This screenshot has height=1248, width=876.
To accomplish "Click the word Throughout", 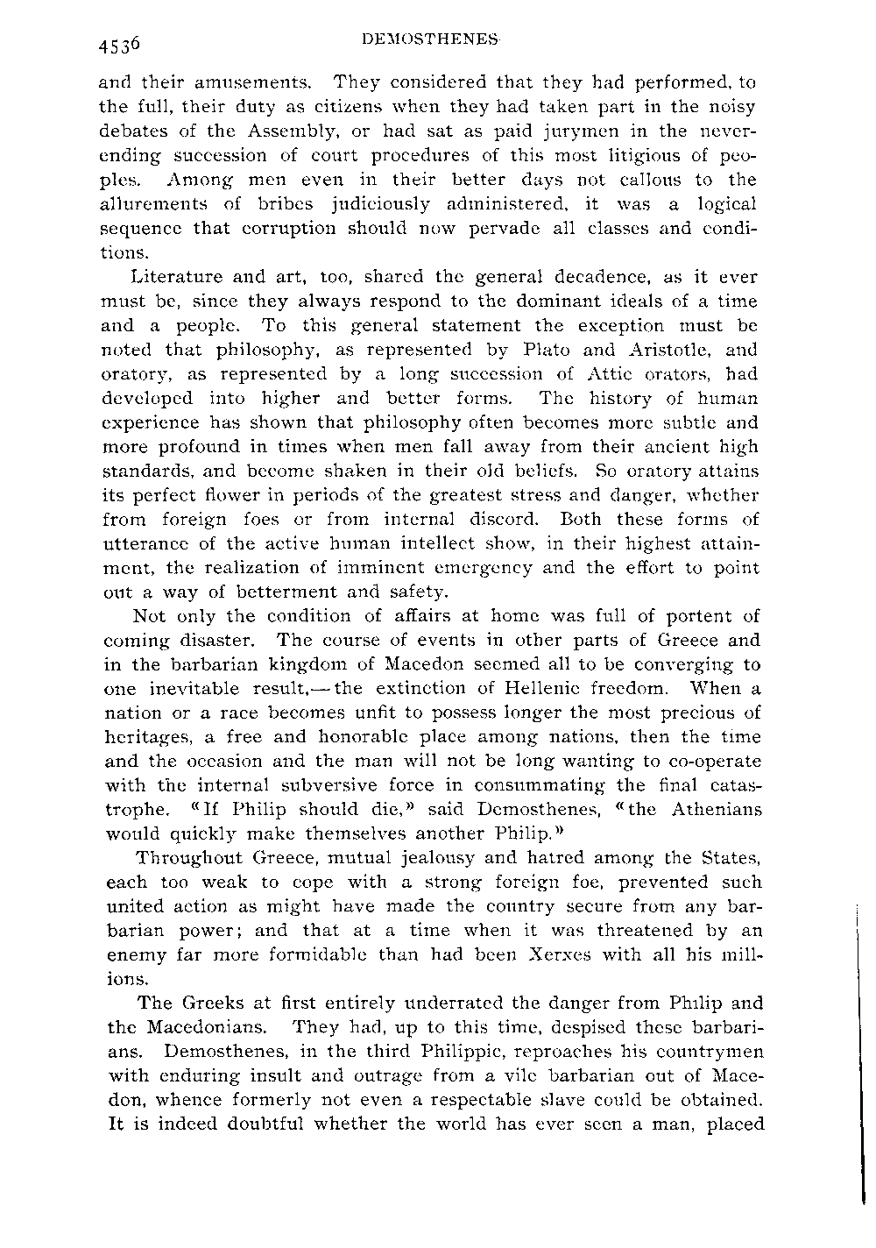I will click(x=183, y=858).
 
